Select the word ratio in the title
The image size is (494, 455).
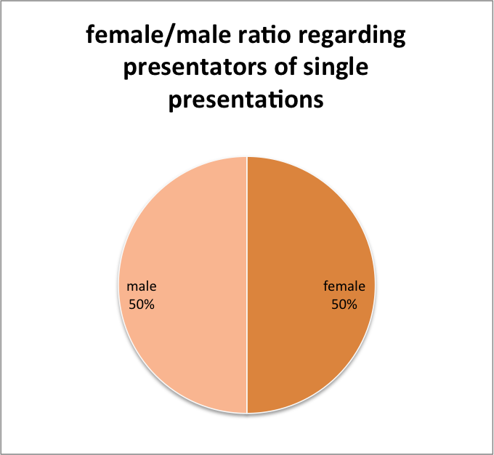(x=264, y=35)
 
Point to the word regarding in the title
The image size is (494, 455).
(x=352, y=36)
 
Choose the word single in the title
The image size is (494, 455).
(x=336, y=68)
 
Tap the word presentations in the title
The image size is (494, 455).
(x=246, y=100)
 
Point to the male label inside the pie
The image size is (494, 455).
(x=142, y=286)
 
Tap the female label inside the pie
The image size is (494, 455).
(x=344, y=286)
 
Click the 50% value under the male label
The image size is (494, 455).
(x=142, y=305)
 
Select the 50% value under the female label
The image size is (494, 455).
(x=344, y=305)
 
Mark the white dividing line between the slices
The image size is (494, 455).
(x=247, y=285)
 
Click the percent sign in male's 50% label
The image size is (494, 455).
(x=150, y=305)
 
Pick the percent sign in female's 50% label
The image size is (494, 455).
(x=352, y=305)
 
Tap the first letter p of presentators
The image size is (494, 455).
(x=129, y=71)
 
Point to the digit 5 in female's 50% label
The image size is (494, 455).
(x=335, y=305)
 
